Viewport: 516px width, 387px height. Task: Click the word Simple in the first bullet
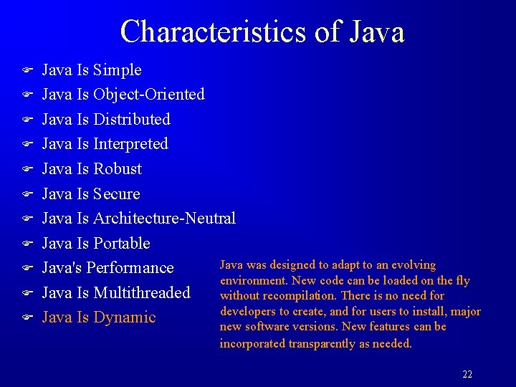[118, 70]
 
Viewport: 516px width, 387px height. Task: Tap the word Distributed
[132, 119]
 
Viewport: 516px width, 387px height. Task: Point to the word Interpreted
[130, 144]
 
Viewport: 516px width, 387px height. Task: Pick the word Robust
[118, 169]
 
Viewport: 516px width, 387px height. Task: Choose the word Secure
[117, 193]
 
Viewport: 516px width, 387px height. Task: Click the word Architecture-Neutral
[164, 219]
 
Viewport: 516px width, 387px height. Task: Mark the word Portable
[122, 244]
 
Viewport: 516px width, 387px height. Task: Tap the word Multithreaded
[142, 292]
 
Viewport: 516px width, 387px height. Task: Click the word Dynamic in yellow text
[125, 317]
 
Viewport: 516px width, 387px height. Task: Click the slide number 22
[467, 374]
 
